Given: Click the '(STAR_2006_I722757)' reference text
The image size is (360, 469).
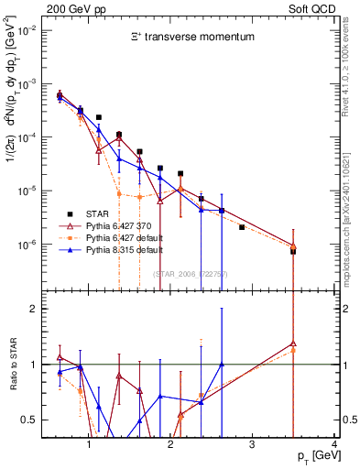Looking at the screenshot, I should tap(189, 274).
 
